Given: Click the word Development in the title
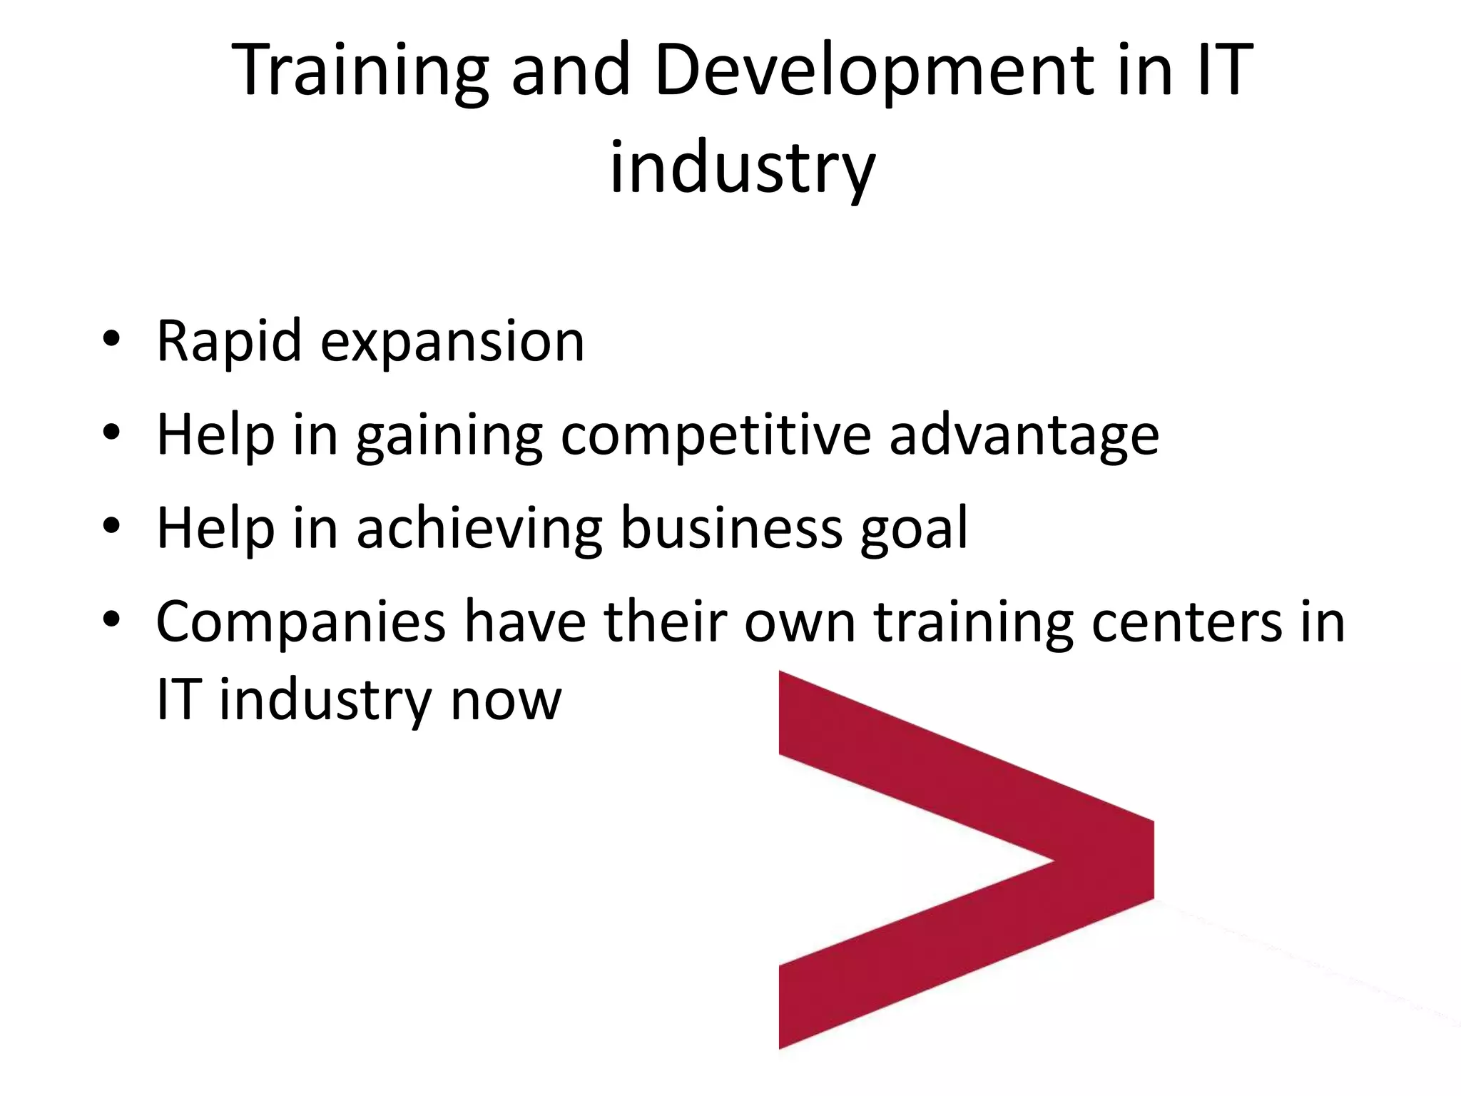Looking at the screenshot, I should pos(875,71).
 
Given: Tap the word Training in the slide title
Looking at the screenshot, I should pos(361,71).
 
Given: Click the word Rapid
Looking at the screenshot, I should pos(228,342).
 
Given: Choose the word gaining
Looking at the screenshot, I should pos(449,437).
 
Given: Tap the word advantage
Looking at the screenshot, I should pos(1024,437).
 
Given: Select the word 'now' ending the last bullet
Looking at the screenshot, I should pos(506,701).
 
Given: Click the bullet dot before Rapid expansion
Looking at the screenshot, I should pos(111,340).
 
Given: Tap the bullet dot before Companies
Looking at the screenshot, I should pos(111,619).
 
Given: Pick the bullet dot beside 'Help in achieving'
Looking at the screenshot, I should pos(111,526).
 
